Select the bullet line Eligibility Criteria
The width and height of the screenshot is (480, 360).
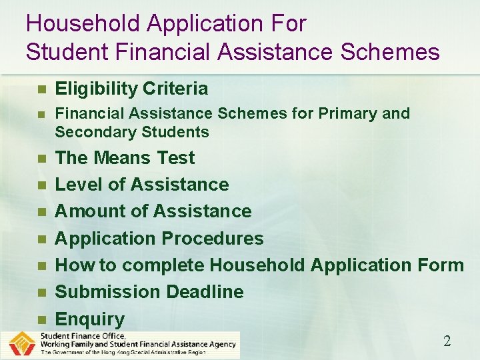click(131, 89)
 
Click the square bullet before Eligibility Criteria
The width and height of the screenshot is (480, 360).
click(41, 89)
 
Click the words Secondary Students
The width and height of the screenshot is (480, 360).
click(132, 132)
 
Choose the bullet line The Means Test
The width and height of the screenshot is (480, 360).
click(125, 158)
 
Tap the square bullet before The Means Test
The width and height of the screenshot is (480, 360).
click(41, 159)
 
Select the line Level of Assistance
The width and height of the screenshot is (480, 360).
click(141, 185)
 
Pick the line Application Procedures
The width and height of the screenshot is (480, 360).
click(159, 239)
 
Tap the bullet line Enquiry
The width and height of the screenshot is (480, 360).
click(89, 319)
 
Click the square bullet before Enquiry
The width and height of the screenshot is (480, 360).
click(41, 320)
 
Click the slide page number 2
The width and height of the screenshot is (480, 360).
click(447, 341)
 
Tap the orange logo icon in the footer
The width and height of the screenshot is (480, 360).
click(21, 345)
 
